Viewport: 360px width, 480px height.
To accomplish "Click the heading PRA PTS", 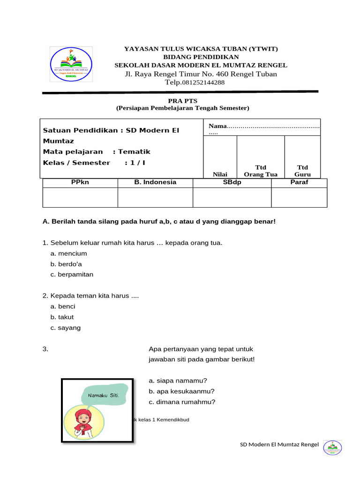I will click(x=183, y=100).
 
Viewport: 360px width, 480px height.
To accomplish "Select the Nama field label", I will click(x=217, y=126).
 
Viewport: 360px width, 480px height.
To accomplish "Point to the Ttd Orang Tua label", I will click(x=261, y=171).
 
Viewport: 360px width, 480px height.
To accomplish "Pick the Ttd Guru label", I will click(x=302, y=171).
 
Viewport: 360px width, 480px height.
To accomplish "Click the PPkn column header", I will click(x=80, y=182).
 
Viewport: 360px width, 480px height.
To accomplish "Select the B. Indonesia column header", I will click(x=155, y=182).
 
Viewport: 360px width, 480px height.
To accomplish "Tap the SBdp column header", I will click(x=232, y=182).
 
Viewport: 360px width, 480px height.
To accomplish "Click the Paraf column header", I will click(x=299, y=182).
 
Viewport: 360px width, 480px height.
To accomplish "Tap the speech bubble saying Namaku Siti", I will click(x=104, y=395).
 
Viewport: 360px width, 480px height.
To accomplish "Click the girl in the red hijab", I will click(x=84, y=423).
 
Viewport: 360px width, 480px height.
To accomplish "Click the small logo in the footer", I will click(x=333, y=448).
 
